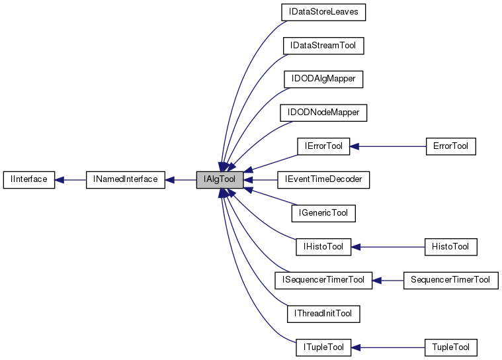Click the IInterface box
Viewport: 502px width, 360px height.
tap(29, 179)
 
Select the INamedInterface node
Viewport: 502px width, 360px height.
tap(125, 179)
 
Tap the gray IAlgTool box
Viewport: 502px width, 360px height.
tap(220, 179)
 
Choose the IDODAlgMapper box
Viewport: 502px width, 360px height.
tap(323, 79)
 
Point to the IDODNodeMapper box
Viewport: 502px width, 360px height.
tap(323, 112)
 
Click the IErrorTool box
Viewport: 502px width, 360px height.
tap(323, 146)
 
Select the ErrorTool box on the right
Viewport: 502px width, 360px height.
tap(450, 146)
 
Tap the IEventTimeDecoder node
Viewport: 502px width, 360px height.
tap(323, 179)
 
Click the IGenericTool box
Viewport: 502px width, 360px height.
tap(323, 213)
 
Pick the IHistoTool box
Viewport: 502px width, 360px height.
tap(323, 247)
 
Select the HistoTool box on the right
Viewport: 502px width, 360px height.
tap(450, 247)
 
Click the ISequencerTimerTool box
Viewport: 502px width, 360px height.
tap(323, 280)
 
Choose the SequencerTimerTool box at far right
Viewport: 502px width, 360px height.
tap(450, 280)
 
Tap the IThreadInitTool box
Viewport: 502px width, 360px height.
tap(323, 313)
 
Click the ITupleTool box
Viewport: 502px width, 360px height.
tap(323, 347)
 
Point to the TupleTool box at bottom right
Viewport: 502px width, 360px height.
tap(450, 347)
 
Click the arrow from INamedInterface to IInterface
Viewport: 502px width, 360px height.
tap(70, 179)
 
